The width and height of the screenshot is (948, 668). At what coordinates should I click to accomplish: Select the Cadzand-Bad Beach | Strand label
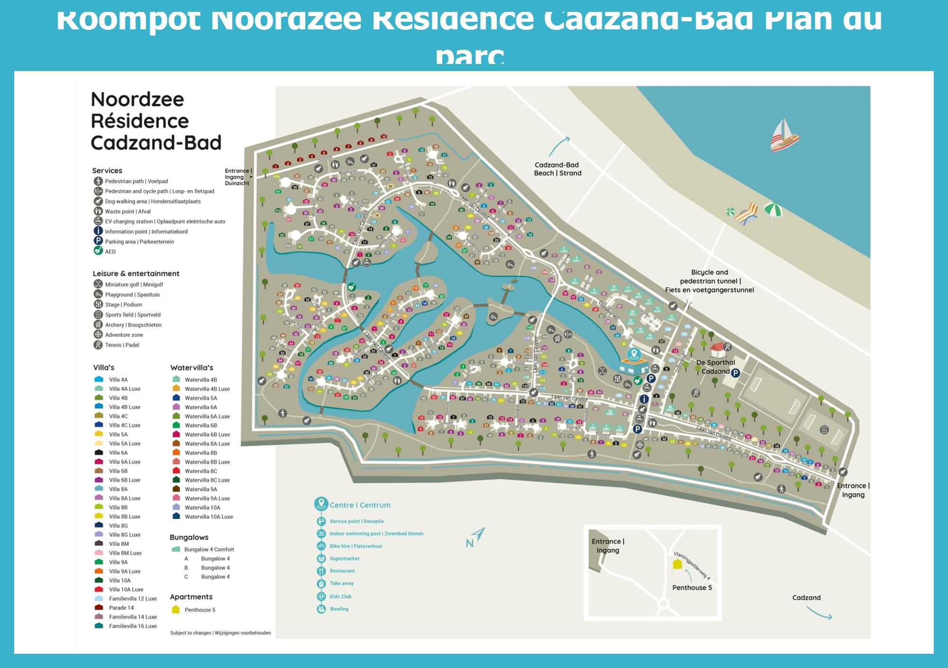557,169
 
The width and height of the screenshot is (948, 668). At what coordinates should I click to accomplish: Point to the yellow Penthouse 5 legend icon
175,610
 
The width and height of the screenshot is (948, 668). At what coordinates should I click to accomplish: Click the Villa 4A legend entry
118,379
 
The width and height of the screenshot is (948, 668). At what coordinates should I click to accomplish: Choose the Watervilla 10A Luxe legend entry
209,517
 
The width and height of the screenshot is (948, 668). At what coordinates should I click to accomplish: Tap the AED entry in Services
110,252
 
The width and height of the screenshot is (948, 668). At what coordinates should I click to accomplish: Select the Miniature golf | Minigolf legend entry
134,284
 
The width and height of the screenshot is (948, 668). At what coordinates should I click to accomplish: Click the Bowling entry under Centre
339,609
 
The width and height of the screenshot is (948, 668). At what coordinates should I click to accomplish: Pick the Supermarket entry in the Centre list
345,559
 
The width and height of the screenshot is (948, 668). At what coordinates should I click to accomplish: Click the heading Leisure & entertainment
136,273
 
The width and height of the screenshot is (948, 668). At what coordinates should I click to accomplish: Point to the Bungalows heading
189,537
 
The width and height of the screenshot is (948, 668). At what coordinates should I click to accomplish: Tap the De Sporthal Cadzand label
715,367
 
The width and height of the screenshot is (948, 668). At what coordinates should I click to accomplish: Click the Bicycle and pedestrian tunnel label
709,281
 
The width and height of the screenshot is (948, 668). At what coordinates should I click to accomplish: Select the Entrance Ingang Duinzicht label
237,177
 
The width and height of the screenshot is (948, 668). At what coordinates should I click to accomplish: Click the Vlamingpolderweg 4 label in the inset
692,566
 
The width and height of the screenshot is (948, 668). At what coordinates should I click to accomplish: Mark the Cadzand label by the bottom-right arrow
806,597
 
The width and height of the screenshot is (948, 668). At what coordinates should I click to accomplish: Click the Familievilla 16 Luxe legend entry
133,626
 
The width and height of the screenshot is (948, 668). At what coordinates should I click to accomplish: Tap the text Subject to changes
191,633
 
